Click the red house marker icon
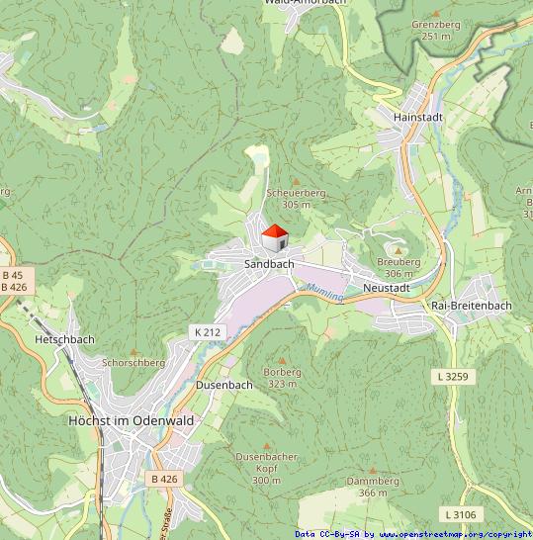[274, 238]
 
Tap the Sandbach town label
[269, 265]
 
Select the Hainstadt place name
[417, 117]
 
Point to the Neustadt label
[386, 287]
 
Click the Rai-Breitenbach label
[472, 306]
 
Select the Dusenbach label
[224, 384]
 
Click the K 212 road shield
[207, 332]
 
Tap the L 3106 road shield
[460, 514]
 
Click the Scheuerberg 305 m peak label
[296, 199]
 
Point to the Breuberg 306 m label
[399, 267]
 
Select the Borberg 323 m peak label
[282, 378]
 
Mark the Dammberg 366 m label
[373, 487]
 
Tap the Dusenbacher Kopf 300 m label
[266, 468]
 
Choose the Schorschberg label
[133, 363]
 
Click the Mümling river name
[323, 292]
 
